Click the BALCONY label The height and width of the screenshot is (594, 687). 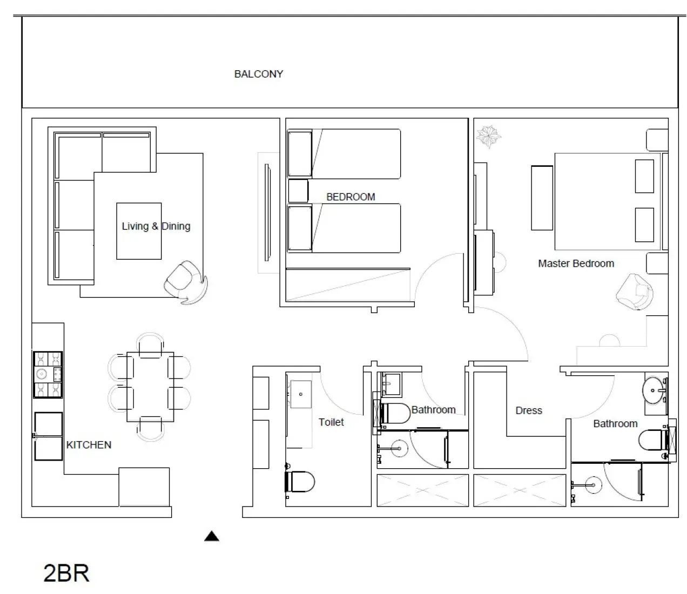click(259, 74)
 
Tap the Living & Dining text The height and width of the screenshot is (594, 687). click(156, 226)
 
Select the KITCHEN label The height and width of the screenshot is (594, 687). click(89, 445)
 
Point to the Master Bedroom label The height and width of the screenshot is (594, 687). click(576, 264)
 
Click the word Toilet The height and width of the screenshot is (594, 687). click(331, 422)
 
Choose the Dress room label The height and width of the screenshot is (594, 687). click(528, 410)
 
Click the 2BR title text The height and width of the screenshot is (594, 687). click(66, 573)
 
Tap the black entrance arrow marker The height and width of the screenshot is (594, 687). click(211, 536)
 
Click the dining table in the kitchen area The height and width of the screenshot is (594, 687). click(150, 387)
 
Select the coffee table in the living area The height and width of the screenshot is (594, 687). click(139, 231)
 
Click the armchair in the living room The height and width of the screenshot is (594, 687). click(185, 282)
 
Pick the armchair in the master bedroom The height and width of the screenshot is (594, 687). click(634, 292)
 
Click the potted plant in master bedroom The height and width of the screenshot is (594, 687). click(489, 136)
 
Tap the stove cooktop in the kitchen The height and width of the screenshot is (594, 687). click(48, 375)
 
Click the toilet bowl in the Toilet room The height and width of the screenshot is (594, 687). click(300, 481)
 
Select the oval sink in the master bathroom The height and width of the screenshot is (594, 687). click(652, 390)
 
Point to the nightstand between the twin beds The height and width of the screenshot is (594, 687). click(298, 191)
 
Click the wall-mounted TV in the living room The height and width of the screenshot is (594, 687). click(267, 212)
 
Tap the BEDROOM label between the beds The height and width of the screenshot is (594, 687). click(351, 197)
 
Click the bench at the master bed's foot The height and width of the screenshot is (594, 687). click(542, 198)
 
